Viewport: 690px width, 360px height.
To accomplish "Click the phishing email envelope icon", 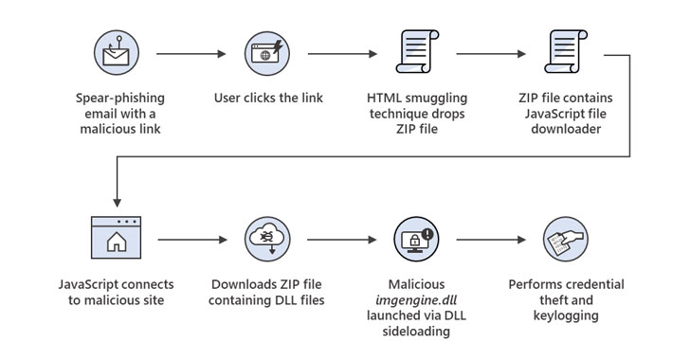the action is pyautogui.click(x=117, y=53).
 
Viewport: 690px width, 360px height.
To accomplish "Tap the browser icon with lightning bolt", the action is pyautogui.click(x=267, y=53).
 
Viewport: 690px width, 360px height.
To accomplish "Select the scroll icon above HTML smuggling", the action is pyautogui.click(x=417, y=51).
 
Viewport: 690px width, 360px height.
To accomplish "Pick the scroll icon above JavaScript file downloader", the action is pyautogui.click(x=566, y=51).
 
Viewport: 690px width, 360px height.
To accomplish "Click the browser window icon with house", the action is pyautogui.click(x=117, y=238).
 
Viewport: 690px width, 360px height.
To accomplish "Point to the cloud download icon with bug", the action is pyautogui.click(x=267, y=239).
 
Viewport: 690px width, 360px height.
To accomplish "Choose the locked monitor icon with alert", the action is pyautogui.click(x=416, y=239).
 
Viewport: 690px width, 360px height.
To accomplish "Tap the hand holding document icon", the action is pyautogui.click(x=566, y=239).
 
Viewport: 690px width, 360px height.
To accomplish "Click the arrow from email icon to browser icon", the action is pyautogui.click(x=191, y=54).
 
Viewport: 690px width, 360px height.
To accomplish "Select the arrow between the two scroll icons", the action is pyautogui.click(x=491, y=54).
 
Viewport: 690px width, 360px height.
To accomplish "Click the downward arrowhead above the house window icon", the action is pyautogui.click(x=118, y=203).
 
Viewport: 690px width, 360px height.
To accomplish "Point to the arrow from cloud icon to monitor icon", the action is pyautogui.click(x=342, y=240).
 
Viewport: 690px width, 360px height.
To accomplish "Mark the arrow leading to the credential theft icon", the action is pyautogui.click(x=491, y=240).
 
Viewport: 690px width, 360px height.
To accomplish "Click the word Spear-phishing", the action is pyautogui.click(x=120, y=98).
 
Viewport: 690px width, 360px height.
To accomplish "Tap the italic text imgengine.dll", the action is pyautogui.click(x=416, y=300).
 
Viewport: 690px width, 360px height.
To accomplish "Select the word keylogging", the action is pyautogui.click(x=566, y=315).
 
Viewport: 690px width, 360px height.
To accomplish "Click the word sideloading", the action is pyautogui.click(x=416, y=331).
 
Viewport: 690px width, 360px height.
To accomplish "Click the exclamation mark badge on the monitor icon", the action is pyautogui.click(x=427, y=234).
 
